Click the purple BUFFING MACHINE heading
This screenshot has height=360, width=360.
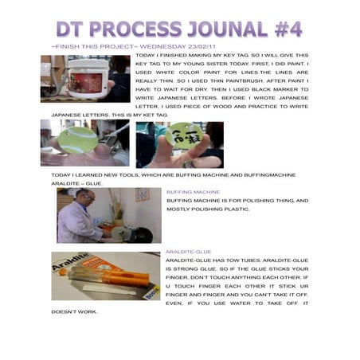pos(193,192)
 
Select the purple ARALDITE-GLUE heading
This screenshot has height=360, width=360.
pos(188,252)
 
